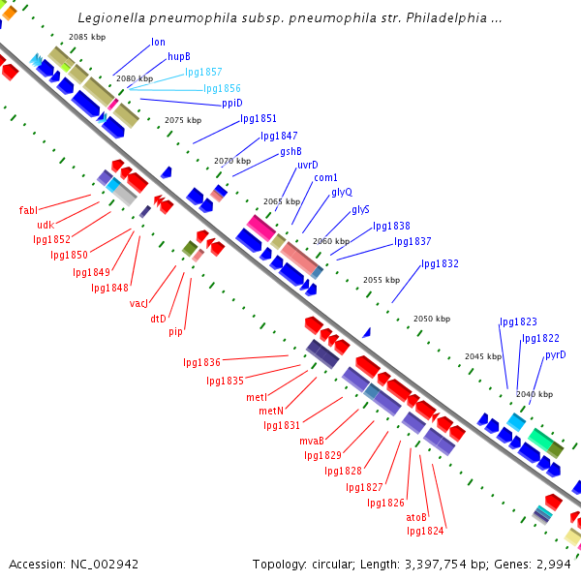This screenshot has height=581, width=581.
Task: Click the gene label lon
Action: [158, 43]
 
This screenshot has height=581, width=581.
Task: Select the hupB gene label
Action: [179, 57]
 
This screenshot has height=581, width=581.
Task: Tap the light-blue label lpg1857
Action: [203, 72]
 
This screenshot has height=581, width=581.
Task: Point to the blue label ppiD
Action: [231, 103]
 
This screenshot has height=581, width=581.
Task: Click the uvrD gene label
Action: [307, 165]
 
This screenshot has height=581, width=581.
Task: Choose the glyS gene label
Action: [360, 209]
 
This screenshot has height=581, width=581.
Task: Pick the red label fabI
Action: [28, 210]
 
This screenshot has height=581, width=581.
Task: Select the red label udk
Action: [46, 225]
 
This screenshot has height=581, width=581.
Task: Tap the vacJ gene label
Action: [138, 303]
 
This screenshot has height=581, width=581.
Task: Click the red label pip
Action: [175, 332]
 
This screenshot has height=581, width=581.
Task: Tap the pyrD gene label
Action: [555, 355]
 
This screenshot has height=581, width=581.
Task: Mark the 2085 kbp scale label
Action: [87, 37]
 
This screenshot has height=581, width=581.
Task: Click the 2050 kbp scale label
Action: [432, 319]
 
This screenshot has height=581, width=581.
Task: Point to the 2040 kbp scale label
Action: [535, 394]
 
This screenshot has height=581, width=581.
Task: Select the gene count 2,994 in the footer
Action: [554, 564]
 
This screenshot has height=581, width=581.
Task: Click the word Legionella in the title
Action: [110, 18]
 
